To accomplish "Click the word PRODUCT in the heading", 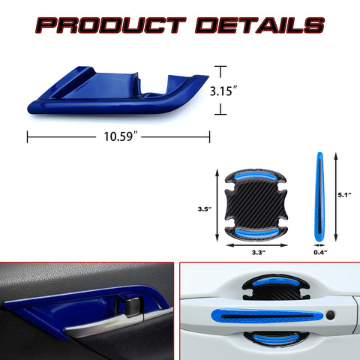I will point(111,26).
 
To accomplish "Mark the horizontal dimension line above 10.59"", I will point(118,137).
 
